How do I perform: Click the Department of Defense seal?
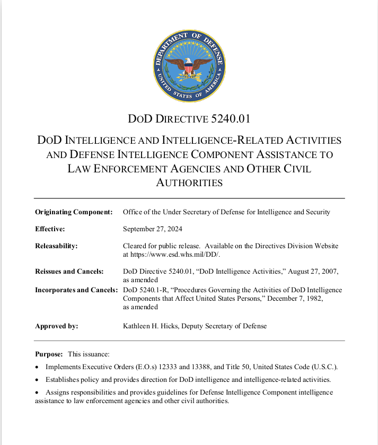point(189,66)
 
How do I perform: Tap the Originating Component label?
point(74,212)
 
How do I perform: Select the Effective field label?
point(50,229)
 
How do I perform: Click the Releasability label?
point(56,246)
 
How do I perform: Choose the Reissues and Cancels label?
point(69,272)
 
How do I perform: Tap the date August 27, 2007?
point(310,272)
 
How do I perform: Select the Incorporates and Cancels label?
point(76,290)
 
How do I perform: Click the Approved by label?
point(56,326)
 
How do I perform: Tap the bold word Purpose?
point(49,354)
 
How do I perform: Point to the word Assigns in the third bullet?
point(58,392)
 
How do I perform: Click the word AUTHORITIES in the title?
point(189,183)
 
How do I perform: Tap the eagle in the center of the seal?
point(189,68)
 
